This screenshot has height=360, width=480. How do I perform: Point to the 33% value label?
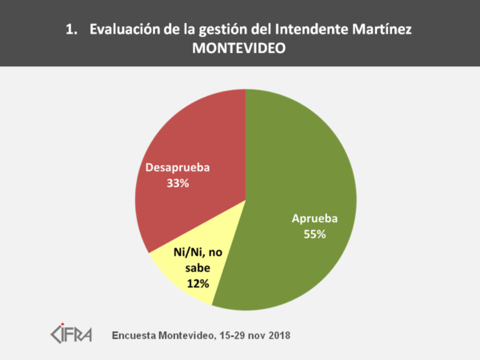pyautogui.click(x=177, y=183)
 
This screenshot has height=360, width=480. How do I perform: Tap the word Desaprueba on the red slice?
pyautogui.click(x=177, y=169)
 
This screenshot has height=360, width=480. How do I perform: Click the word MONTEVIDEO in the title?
pyautogui.click(x=239, y=48)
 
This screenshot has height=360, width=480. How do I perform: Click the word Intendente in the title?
pyautogui.click(x=315, y=30)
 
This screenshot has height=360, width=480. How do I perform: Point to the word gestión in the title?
pyautogui.click(x=221, y=30)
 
